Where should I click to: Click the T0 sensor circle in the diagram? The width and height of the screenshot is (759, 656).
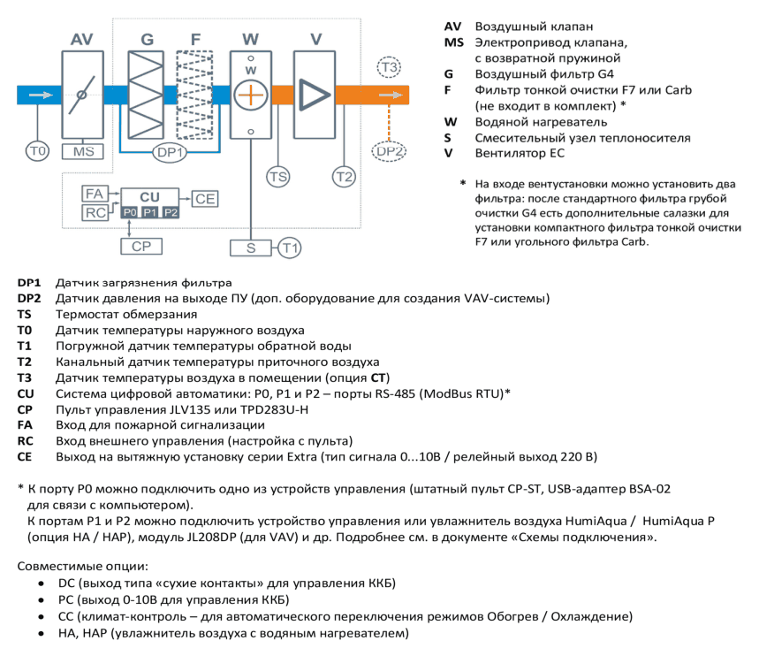(37, 152)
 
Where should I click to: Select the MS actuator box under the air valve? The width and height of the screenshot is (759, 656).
(83, 152)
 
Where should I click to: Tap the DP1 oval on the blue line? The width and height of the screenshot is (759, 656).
(171, 153)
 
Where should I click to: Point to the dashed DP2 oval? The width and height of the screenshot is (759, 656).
(389, 152)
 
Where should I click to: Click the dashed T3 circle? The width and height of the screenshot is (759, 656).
(389, 67)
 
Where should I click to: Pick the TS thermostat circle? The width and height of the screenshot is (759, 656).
(277, 176)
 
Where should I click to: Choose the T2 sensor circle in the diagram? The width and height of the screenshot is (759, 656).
(344, 176)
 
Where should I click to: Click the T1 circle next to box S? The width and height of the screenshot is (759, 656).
(290, 248)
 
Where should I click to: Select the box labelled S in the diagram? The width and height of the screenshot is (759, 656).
(251, 248)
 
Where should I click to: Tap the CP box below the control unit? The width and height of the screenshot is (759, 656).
(141, 246)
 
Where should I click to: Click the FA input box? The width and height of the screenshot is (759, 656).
(95, 194)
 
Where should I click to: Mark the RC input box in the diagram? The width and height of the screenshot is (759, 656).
(95, 212)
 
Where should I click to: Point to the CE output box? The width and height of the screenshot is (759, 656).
(205, 199)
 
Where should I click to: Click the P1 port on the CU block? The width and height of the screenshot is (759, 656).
(150, 212)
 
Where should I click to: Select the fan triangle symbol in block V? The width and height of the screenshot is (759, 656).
(315, 95)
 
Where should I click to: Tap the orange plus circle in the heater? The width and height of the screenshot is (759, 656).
(251, 95)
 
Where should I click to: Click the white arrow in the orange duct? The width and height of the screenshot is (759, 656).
(391, 95)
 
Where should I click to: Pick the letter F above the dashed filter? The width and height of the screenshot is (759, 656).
(195, 39)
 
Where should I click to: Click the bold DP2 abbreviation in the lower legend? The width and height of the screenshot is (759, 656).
(29, 299)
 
